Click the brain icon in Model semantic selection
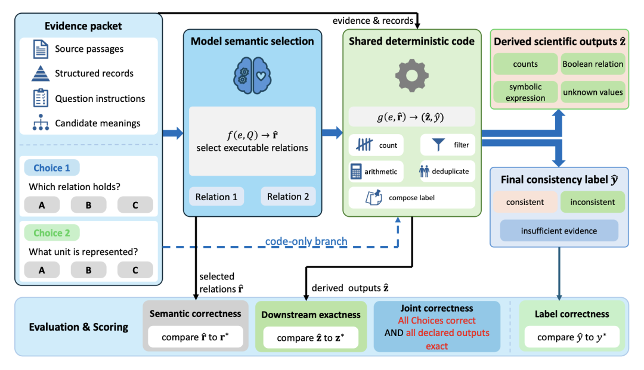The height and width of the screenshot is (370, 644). [252, 76]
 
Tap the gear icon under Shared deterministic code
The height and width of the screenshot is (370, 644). [411, 76]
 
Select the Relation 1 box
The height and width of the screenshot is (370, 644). [216, 197]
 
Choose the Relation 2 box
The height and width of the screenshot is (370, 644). [288, 197]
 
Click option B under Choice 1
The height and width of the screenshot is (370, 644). [88, 205]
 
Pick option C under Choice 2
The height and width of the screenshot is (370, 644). [135, 270]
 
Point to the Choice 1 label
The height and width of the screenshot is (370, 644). [52, 168]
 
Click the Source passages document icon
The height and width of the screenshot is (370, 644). [41, 49]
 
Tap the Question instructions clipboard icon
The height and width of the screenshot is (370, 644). [41, 98]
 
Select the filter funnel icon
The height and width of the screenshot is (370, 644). [438, 144]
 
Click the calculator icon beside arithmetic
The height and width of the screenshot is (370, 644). [355, 172]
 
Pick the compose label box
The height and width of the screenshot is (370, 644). [411, 198]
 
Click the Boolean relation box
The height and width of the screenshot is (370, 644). [593, 64]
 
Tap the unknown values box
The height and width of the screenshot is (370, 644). [593, 92]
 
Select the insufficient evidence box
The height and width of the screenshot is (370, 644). [559, 231]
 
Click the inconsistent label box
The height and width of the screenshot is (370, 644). [593, 202]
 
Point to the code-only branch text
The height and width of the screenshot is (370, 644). [306, 241]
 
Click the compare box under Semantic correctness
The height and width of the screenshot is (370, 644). [196, 337]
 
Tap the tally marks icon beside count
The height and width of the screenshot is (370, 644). [364, 144]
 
